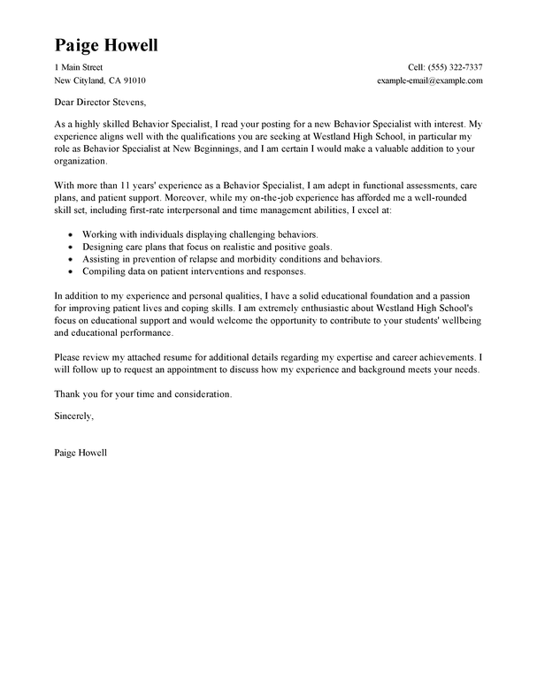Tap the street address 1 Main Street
79,67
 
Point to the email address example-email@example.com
429,80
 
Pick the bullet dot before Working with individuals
69,233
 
